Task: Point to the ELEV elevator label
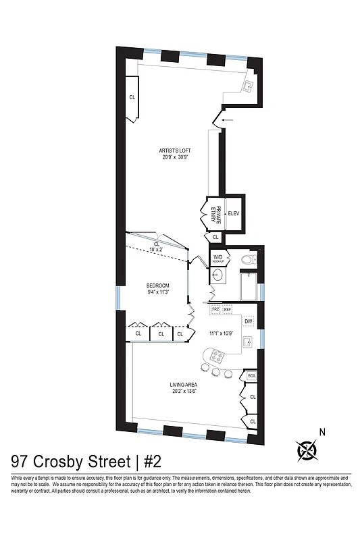tap(234, 213)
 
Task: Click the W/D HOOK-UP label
tap(219, 259)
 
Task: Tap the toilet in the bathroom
tap(248, 259)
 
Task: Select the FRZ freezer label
tap(216, 309)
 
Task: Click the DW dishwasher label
tap(248, 321)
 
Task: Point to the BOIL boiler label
tap(251, 375)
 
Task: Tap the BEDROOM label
tap(158, 286)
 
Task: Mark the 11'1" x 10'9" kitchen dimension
tap(220, 333)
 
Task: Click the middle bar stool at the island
tap(216, 372)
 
